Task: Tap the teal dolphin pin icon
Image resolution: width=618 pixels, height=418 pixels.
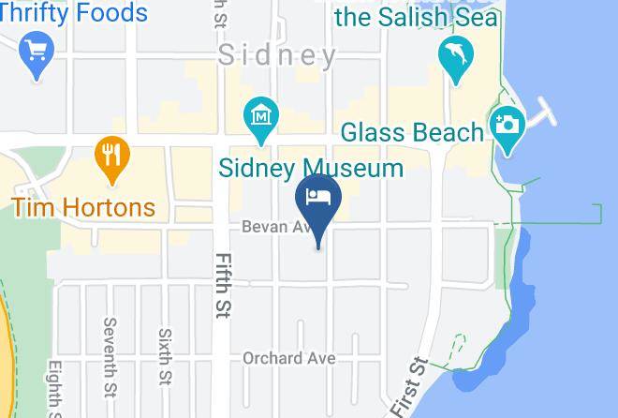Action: click(x=455, y=57)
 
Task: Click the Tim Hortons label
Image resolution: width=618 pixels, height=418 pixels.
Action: click(x=83, y=206)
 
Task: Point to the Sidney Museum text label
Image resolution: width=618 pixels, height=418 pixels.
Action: click(x=311, y=169)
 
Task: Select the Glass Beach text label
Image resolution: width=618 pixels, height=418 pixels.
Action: click(x=412, y=132)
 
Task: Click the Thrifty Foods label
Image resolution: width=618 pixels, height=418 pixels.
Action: click(x=75, y=13)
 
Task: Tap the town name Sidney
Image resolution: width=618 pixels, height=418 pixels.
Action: click(x=277, y=55)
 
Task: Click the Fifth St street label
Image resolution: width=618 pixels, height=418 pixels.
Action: click(x=224, y=283)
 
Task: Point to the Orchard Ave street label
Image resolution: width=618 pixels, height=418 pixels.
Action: click(x=288, y=358)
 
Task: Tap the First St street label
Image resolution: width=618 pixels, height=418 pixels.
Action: click(x=409, y=385)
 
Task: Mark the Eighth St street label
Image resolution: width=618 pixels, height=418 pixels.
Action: click(x=55, y=389)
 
